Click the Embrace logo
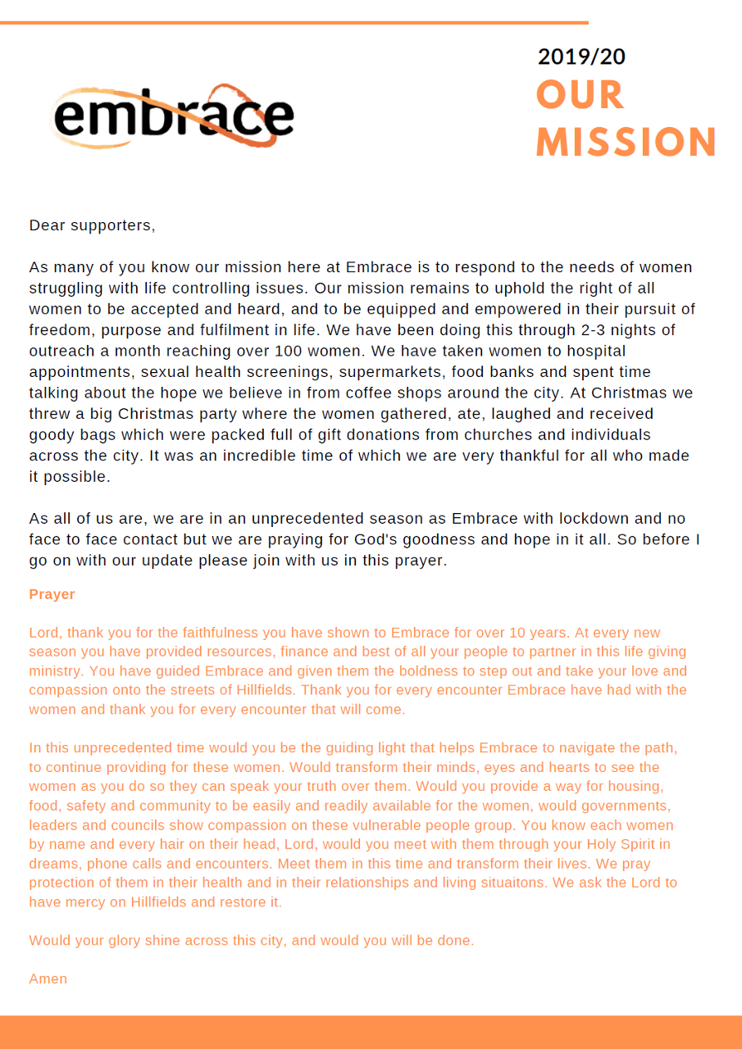click(173, 116)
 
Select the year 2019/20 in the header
click(581, 57)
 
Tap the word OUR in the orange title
click(580, 95)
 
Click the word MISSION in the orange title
click(626, 142)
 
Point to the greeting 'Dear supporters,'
click(92, 225)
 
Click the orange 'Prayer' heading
click(52, 594)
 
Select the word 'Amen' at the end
click(48, 979)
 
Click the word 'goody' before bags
click(52, 434)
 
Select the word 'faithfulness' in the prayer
click(188, 633)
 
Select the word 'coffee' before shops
click(371, 393)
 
